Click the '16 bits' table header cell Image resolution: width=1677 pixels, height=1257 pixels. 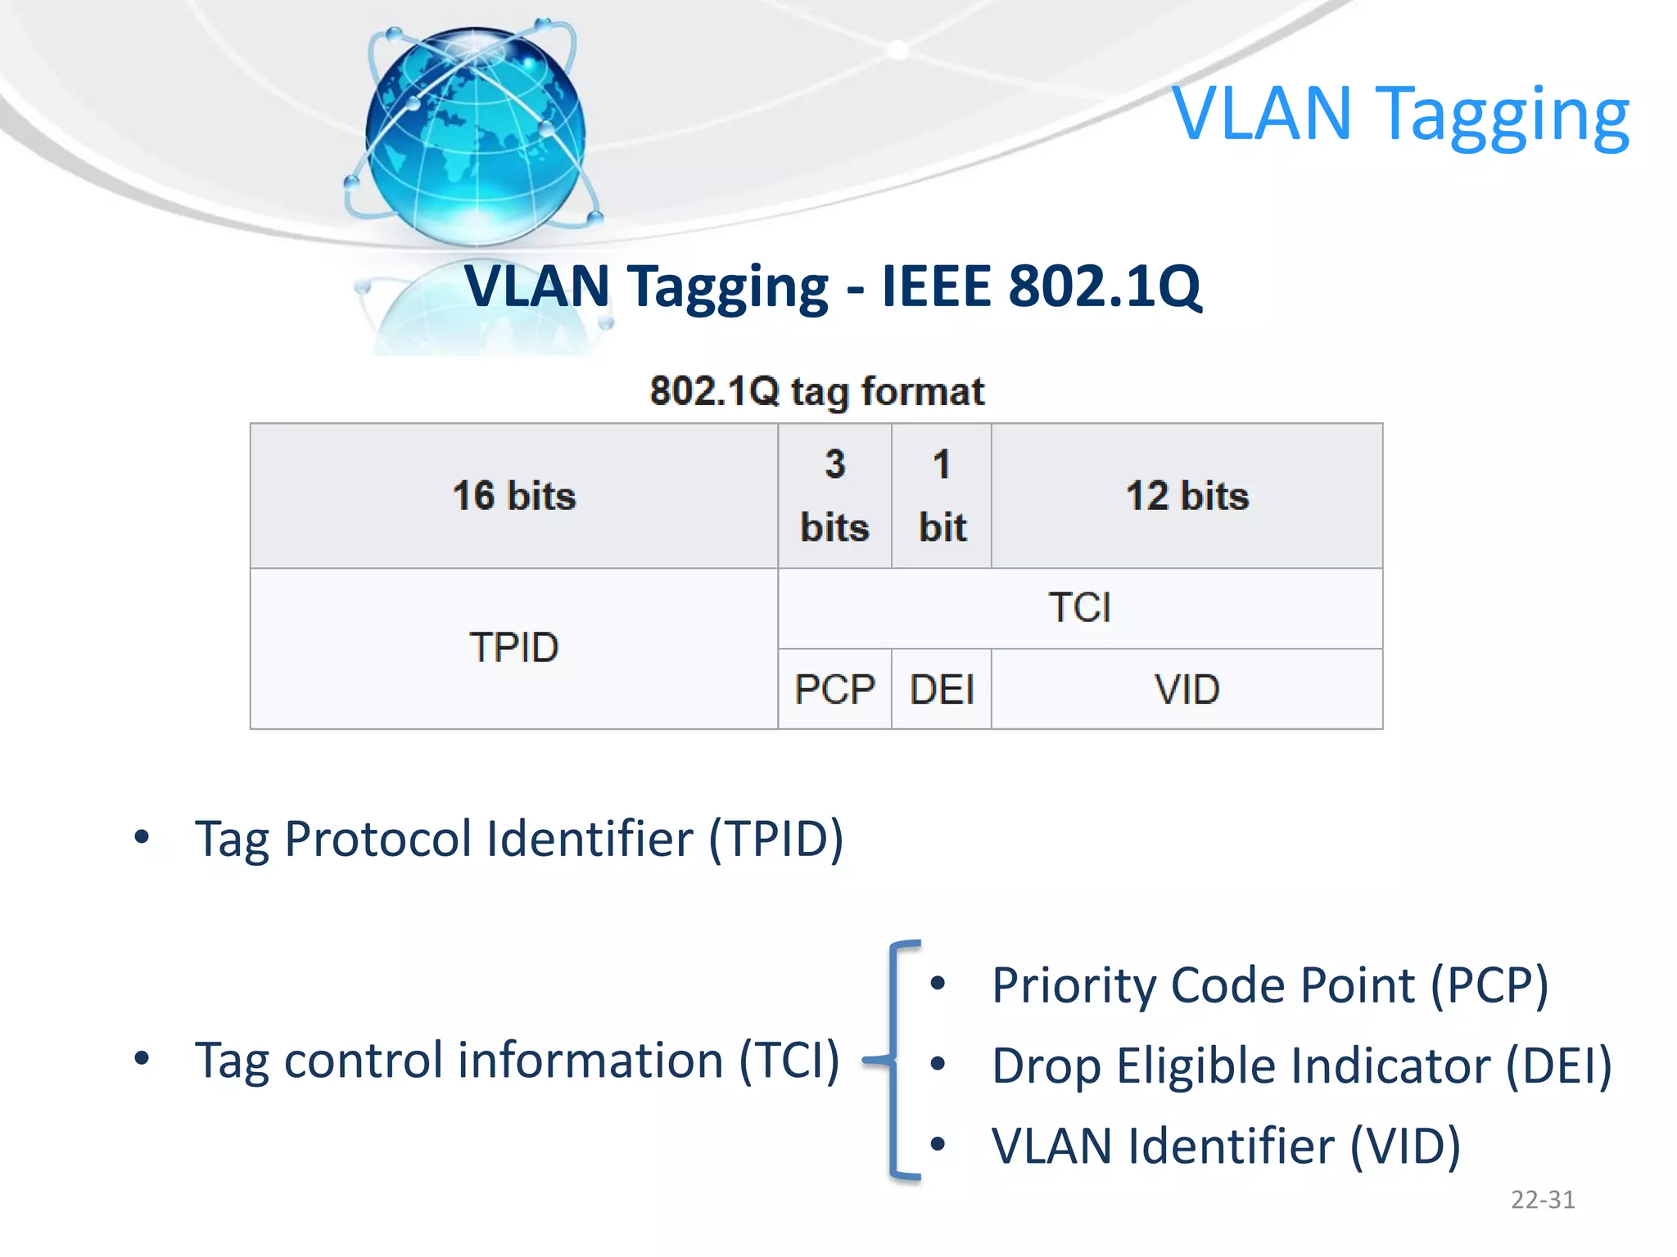514,496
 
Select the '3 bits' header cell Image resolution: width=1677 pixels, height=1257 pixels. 834,496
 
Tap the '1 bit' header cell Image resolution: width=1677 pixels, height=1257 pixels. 942,496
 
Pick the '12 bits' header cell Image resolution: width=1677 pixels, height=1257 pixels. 1187,496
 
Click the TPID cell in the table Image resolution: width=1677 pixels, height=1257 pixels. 514,647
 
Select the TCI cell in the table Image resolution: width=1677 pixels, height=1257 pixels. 1079,608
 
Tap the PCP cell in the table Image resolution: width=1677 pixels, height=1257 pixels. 834,689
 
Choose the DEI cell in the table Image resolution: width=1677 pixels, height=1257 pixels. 942,689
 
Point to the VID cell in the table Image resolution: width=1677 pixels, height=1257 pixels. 1187,689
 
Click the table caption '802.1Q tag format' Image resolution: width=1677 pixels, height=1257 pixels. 816,391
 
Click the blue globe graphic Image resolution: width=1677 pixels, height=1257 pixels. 475,135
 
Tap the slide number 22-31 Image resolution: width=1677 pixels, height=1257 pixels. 1543,1200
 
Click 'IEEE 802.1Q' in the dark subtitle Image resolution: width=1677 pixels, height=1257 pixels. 1041,286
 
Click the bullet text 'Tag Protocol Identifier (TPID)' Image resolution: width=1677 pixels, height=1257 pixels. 518,839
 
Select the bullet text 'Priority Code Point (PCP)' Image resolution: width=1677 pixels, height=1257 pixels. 1269,984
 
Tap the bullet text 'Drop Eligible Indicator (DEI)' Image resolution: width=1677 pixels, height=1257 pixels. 1301,1066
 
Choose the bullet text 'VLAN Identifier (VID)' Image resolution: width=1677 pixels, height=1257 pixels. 1226,1146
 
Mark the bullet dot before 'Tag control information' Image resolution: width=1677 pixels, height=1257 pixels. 142,1058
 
